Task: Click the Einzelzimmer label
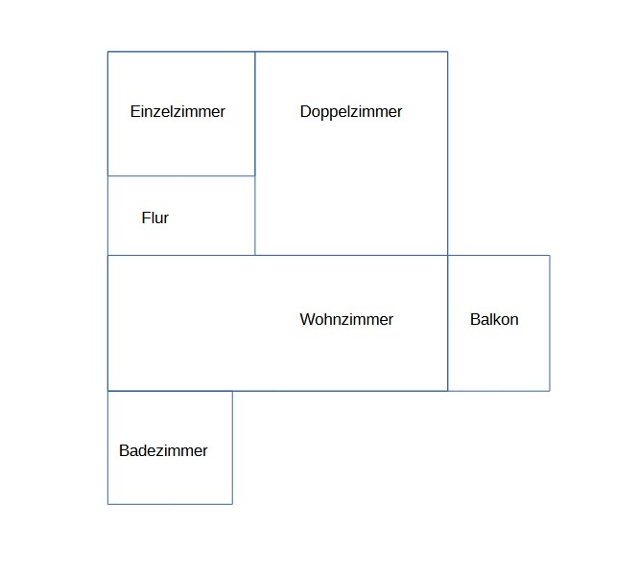(x=177, y=111)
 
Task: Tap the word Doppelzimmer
(x=351, y=112)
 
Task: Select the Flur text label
(x=154, y=217)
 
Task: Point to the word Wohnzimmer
(x=346, y=319)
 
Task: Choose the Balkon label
(x=494, y=319)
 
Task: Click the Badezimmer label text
(x=163, y=450)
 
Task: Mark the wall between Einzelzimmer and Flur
(x=181, y=176)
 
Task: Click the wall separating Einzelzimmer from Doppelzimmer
(x=255, y=114)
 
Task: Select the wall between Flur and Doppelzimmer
(x=255, y=216)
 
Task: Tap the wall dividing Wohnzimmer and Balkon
(x=448, y=324)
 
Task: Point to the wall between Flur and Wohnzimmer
(x=181, y=256)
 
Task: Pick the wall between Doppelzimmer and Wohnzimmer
(x=351, y=256)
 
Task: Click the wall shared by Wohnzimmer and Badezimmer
(x=171, y=391)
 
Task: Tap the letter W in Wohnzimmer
(x=306, y=319)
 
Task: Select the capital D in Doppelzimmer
(x=305, y=111)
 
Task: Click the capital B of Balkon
(x=475, y=319)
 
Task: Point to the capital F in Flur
(x=146, y=217)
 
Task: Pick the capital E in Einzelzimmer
(x=134, y=111)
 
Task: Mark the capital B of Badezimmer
(x=124, y=450)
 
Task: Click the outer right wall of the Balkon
(x=550, y=324)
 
